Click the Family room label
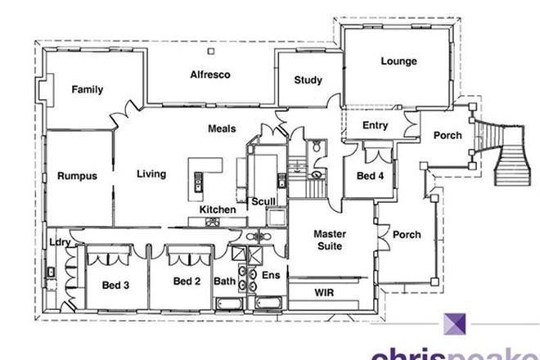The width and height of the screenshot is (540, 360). click(87, 89)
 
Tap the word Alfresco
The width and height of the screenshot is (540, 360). click(210, 74)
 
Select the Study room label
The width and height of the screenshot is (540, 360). click(308, 80)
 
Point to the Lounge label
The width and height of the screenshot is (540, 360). click(398, 61)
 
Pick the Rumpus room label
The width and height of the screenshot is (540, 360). click(78, 175)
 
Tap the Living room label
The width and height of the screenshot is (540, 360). click(151, 173)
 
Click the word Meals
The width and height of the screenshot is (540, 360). click(222, 129)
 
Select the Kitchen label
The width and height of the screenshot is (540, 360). click(218, 210)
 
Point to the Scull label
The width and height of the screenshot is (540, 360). click(263, 201)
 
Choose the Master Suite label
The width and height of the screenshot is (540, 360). click(331, 240)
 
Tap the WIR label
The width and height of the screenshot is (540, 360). click(325, 292)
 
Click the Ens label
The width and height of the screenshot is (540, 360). click(270, 276)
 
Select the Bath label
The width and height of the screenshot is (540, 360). click(224, 282)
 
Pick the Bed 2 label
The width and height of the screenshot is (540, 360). click(187, 282)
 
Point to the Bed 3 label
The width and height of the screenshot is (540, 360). click(115, 285)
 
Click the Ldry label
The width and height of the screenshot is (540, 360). click(58, 242)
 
